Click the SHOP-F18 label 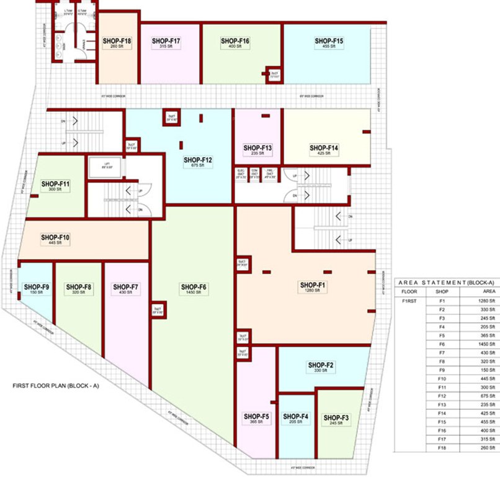[x=117, y=41]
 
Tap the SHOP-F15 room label [x=329, y=41]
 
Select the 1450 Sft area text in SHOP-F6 [x=194, y=293]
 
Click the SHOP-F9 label [x=36, y=286]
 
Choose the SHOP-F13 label [x=257, y=148]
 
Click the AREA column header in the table [x=489, y=290]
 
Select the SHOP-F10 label [x=55, y=237]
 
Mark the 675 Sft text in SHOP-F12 [x=198, y=166]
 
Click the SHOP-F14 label [x=324, y=148]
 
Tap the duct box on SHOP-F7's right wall [x=157, y=309]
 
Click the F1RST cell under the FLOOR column [x=408, y=301]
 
